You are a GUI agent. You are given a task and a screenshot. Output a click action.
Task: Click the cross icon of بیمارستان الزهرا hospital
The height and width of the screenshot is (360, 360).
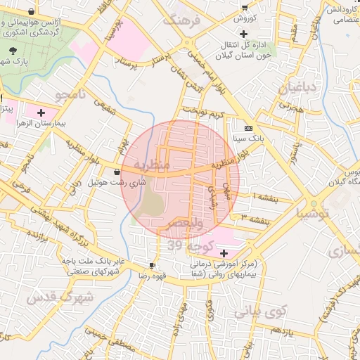click(41, 112)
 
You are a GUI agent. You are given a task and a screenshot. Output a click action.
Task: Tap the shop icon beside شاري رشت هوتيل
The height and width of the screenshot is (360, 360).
click(116, 171)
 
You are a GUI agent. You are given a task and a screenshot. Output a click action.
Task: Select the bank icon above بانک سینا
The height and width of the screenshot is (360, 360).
click(248, 129)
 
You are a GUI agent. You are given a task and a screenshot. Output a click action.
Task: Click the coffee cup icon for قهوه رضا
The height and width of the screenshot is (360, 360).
click(153, 265)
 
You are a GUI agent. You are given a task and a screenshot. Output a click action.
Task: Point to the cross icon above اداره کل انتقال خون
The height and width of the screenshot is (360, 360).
click(243, 34)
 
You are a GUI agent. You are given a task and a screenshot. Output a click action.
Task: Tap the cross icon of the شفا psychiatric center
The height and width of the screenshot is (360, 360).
click(224, 253)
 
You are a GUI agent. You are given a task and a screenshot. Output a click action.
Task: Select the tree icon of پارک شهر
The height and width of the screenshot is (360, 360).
click(14, 51)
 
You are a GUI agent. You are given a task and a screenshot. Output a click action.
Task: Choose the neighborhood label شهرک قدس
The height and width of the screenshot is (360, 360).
click(60, 297)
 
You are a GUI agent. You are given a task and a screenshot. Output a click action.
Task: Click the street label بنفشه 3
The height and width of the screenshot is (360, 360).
click(256, 220)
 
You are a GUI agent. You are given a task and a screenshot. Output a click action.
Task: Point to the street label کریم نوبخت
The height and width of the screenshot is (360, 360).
click(203, 112)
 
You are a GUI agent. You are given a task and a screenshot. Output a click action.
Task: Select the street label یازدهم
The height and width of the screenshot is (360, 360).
click(281, 330)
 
